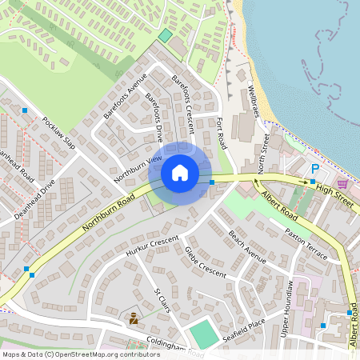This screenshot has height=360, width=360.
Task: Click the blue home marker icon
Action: click(x=180, y=173)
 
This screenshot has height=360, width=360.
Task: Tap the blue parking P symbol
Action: click(x=314, y=170)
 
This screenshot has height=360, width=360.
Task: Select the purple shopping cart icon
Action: click(x=342, y=184)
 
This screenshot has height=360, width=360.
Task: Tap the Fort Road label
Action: click(x=221, y=132)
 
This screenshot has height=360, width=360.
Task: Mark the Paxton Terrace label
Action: click(x=306, y=243)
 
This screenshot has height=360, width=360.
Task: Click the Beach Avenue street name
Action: click(x=247, y=247)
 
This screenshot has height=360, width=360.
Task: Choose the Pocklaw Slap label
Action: click(x=58, y=137)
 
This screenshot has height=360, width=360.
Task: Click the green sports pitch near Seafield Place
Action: click(x=204, y=334)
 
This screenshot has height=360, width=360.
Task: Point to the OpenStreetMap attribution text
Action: click(x=81, y=354)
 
